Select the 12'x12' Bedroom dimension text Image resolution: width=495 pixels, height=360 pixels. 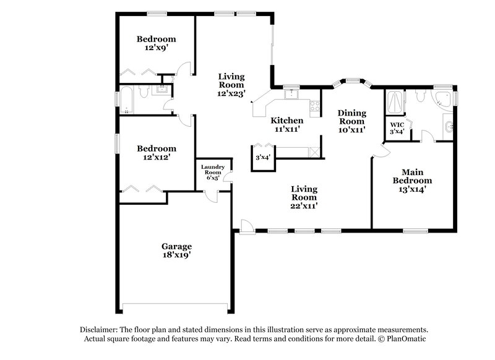coord(156,158)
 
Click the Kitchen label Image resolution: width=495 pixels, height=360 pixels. coord(288,121)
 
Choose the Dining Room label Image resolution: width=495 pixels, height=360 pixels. coord(351,117)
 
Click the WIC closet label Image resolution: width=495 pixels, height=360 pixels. coord(396,124)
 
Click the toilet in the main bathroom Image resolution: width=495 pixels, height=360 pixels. coord(420,95)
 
